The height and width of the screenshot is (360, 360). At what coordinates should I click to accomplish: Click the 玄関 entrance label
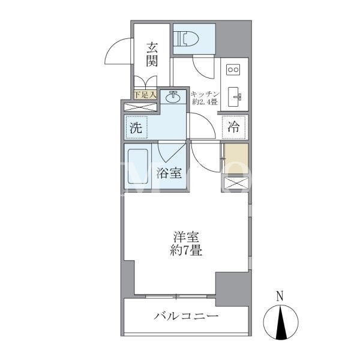pos(152,55)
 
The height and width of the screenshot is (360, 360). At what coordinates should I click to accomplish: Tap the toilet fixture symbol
pos(186,39)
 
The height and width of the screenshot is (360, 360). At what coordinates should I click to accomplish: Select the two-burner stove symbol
pos(233,70)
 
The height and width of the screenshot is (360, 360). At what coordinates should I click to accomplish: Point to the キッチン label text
pos(205,94)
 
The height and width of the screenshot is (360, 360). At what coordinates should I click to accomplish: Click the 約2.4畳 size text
pos(205,102)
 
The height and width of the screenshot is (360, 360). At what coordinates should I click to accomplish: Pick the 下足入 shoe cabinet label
pos(145,95)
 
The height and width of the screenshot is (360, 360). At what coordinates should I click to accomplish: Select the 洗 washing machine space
pos(136,127)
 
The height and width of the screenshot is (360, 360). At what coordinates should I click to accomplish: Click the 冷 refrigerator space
pos(234,127)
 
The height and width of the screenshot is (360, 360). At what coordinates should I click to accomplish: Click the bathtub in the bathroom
pos(138,166)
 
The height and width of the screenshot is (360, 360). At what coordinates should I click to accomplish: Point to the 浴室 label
pos(169,173)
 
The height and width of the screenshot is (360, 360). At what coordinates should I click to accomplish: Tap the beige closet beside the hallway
pos(236,158)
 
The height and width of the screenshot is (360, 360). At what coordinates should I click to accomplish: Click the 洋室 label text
pos(186,237)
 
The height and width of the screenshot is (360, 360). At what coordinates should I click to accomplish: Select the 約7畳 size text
pos(186,250)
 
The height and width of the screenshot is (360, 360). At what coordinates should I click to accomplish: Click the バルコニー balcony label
pos(186,316)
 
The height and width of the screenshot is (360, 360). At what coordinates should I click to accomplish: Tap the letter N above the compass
pos(280,296)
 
